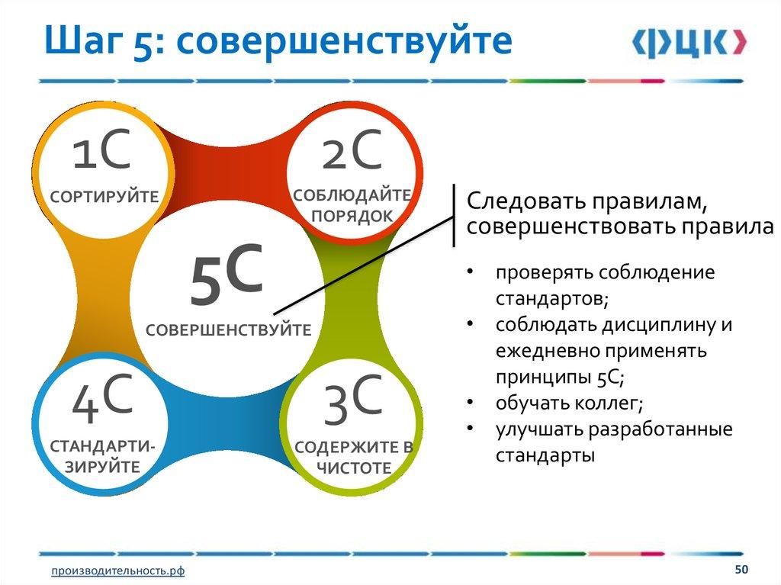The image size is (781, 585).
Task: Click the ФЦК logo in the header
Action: (689, 43)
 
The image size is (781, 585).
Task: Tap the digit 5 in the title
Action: (143, 42)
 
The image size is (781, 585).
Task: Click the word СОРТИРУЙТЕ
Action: (104, 196)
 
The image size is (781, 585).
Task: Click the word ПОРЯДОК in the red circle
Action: (352, 216)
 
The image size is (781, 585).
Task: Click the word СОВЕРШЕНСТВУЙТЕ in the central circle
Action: (228, 329)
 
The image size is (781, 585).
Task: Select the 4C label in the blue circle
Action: (103, 398)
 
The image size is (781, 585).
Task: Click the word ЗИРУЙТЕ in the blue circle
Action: (103, 467)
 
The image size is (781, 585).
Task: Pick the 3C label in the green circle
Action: (353, 400)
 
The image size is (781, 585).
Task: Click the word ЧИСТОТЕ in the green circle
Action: (354, 468)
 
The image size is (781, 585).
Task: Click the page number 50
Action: (741, 569)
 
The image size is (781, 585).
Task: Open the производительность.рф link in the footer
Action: (118, 571)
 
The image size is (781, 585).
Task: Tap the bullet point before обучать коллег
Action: (470, 402)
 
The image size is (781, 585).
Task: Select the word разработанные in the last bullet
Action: (661, 429)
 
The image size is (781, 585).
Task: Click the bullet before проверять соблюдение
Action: (470, 272)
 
